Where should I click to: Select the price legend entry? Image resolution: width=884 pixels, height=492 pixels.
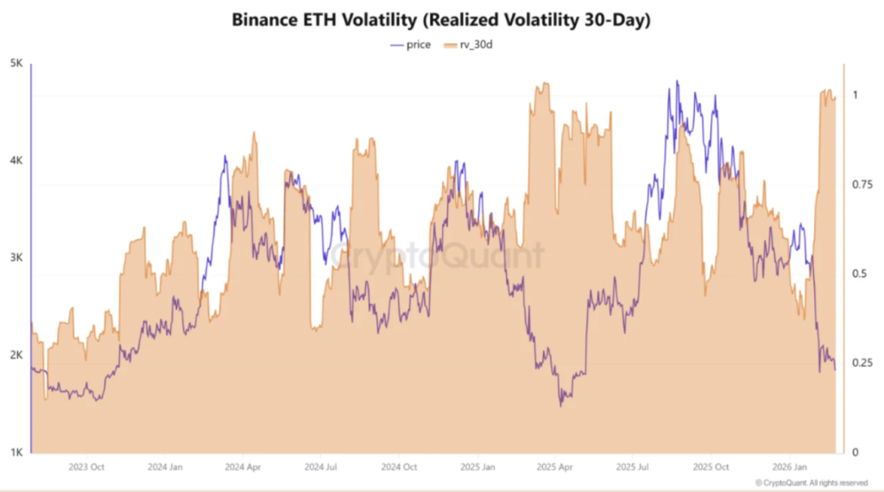coord(411,44)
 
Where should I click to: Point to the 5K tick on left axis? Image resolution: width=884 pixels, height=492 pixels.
coord(16,63)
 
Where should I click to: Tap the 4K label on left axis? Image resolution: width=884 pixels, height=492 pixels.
coord(16,161)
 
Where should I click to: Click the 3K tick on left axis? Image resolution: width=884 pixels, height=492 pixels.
coord(16,258)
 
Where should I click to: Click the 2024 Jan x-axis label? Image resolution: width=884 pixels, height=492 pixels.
coord(164,467)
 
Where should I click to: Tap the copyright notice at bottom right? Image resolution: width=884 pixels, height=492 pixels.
coord(811,483)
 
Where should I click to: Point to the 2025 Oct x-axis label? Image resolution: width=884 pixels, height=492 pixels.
coord(714,467)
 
